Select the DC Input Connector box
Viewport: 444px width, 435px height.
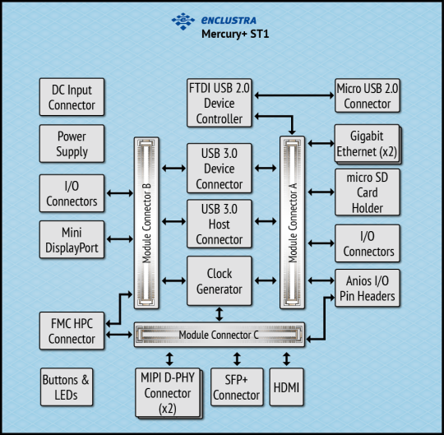72,97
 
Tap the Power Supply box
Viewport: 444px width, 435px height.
72,144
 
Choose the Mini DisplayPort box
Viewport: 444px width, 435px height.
72,239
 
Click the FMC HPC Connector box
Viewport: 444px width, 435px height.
72,331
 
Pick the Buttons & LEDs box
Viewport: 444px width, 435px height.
67,387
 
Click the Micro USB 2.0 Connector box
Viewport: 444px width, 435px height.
367,96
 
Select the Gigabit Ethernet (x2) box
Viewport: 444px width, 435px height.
366,144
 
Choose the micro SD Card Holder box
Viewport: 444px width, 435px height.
367,192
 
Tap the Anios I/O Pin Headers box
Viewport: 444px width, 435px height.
367,288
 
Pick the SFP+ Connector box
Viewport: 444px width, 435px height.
236,387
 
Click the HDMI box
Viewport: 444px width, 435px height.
286,387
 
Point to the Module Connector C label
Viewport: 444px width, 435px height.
220,335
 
